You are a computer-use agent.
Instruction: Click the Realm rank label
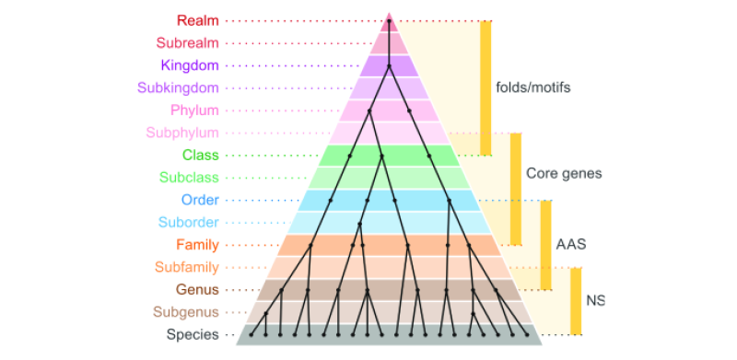tap(197, 20)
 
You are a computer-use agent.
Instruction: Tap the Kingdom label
tap(189, 65)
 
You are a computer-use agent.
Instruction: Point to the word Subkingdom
tap(178, 87)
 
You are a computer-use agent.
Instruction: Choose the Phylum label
tap(194, 110)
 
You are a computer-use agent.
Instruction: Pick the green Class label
tap(200, 155)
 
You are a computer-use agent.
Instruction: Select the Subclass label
tap(188, 177)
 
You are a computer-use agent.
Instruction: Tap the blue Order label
tap(199, 200)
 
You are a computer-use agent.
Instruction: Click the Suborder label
tap(187, 222)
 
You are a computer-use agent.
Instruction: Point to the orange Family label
tap(197, 245)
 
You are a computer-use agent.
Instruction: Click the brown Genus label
tap(197, 290)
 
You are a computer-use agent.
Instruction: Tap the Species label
tap(193, 334)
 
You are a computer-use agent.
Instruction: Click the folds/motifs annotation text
tap(533, 88)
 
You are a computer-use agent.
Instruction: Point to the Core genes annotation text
tap(564, 173)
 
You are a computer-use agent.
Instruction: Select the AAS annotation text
tap(570, 245)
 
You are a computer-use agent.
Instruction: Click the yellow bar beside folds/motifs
tap(485, 87)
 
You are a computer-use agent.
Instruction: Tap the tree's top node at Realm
tap(390, 20)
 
